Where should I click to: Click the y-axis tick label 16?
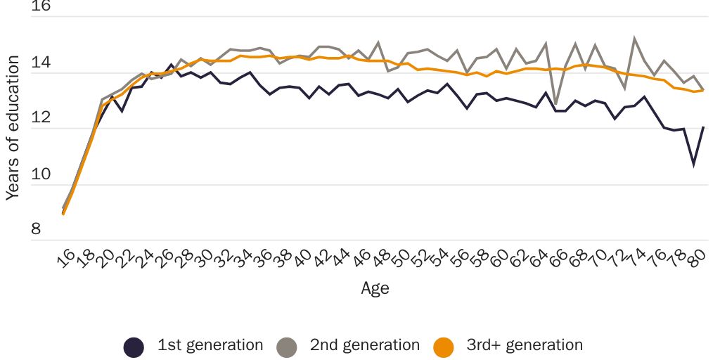[41, 7]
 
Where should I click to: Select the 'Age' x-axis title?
[375, 288]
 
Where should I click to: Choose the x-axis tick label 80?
[695, 262]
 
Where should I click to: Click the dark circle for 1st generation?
[134, 347]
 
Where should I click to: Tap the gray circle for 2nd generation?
[287, 347]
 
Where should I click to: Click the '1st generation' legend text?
[210, 345]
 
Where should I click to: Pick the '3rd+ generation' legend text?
[525, 345]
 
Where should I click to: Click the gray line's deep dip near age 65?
[555, 104]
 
